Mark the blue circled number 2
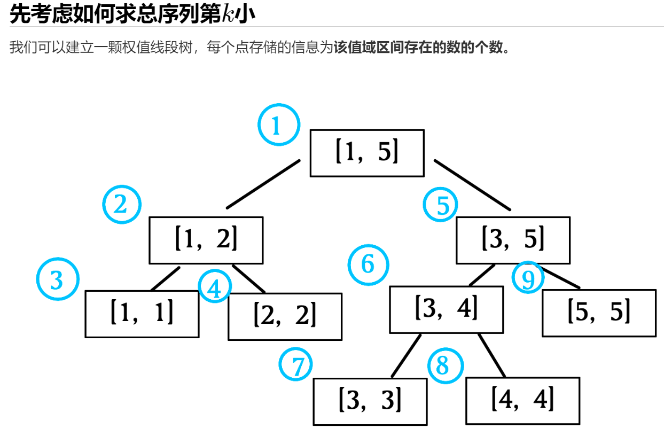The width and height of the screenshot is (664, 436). (122, 204)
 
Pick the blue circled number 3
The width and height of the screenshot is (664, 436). (58, 279)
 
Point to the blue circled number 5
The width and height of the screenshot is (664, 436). (441, 205)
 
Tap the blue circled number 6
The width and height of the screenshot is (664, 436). (368, 264)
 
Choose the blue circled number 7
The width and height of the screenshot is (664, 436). (296, 365)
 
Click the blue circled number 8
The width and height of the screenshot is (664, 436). (446, 365)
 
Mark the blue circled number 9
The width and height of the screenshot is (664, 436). (528, 277)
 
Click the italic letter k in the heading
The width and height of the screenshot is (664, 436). (228, 14)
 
